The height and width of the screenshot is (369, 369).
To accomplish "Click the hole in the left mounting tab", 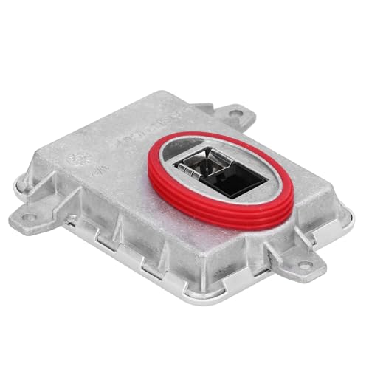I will pyautogui.click(x=27, y=217).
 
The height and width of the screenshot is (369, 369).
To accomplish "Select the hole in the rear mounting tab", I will pyautogui.click(x=236, y=114).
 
